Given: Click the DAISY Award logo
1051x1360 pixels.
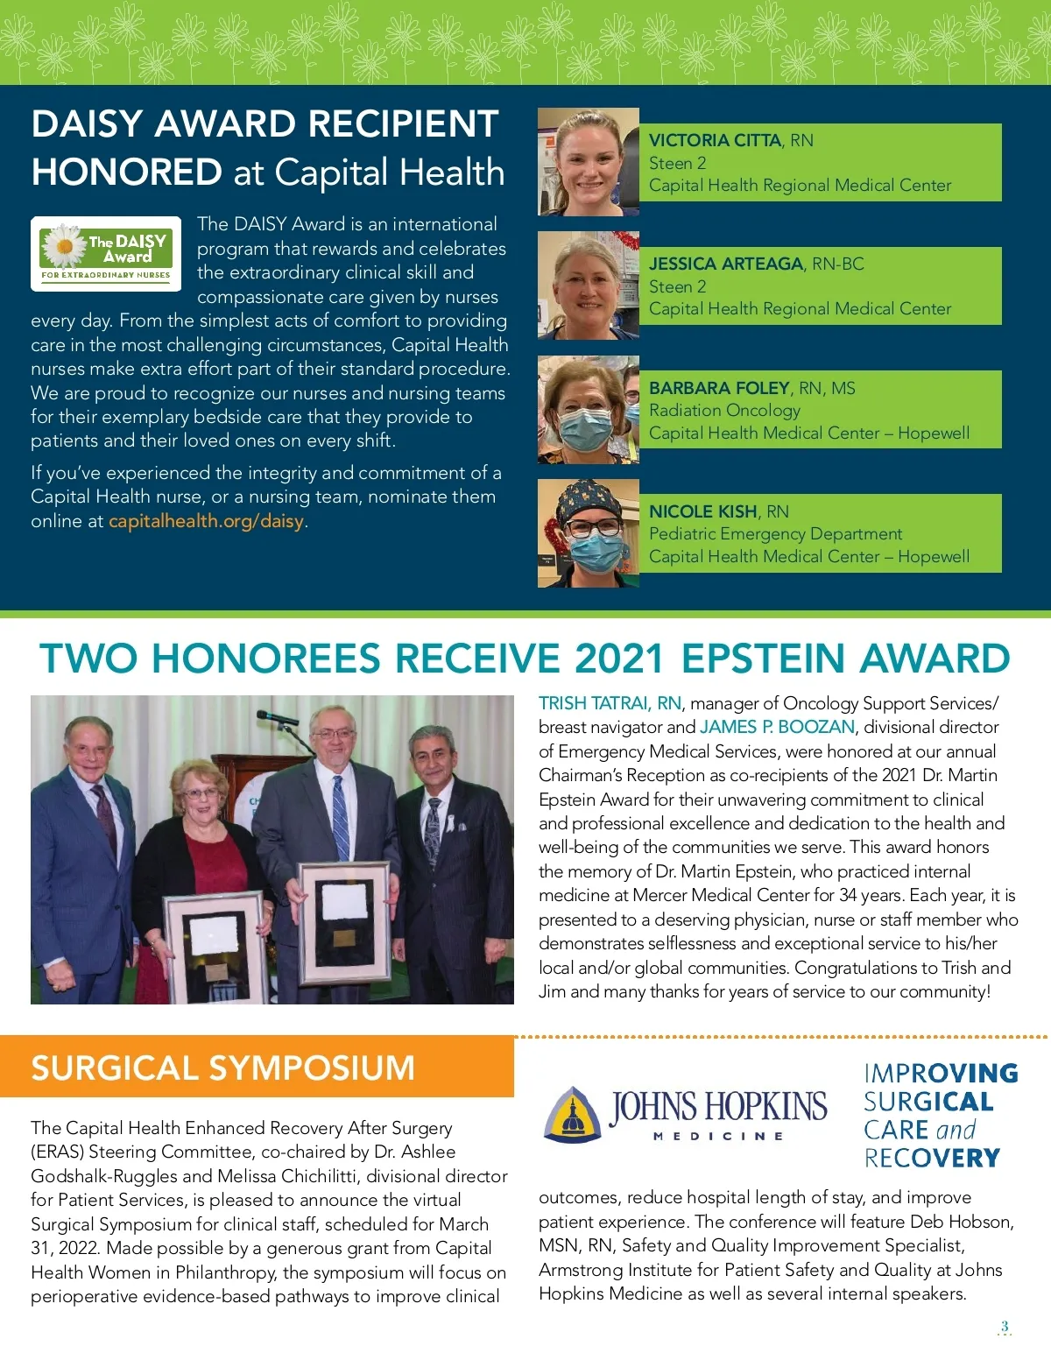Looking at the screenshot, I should [106, 253].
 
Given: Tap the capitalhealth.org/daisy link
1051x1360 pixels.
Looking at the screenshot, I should [206, 521].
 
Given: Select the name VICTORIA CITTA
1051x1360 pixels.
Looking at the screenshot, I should [715, 140].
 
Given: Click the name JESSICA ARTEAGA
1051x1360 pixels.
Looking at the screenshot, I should [726, 264].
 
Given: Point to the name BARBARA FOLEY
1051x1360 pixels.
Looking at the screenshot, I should [719, 388].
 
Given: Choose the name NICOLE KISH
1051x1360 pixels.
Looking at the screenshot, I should [702, 511].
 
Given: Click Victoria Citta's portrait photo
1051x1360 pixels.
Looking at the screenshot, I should [588, 162].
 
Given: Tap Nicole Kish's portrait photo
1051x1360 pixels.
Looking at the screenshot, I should [588, 532].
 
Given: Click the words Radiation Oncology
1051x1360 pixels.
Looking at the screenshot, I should [724, 410].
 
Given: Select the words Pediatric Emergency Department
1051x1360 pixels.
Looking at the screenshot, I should [775, 533].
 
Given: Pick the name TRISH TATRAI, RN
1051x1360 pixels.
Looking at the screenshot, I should [610, 703].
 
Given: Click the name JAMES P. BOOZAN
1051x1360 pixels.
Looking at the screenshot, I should [777, 727].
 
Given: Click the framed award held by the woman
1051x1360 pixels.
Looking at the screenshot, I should [215, 945].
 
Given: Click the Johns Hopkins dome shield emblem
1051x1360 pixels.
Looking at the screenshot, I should [573, 1115].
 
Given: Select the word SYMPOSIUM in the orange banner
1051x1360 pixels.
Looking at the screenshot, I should [311, 1068].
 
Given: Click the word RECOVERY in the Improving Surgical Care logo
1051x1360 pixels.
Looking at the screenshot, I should [932, 1158].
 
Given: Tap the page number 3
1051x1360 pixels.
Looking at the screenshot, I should [1005, 1327].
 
